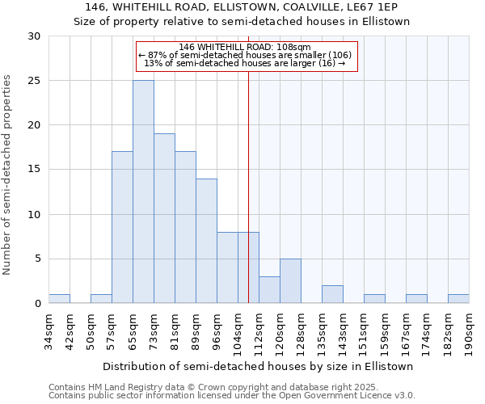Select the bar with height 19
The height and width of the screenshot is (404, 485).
click(x=164, y=218)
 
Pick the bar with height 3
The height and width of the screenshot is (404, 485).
click(x=269, y=290)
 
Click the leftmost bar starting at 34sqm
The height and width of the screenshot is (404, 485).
click(x=59, y=299)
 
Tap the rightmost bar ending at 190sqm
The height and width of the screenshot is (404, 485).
click(x=458, y=299)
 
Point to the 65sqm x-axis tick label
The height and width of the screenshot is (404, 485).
click(x=133, y=330)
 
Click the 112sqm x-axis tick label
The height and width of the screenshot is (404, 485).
click(x=259, y=330)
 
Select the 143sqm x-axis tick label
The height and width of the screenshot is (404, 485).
click(x=343, y=330)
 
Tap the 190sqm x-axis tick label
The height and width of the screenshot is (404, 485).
click(x=469, y=330)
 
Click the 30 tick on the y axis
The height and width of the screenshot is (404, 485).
click(x=34, y=36)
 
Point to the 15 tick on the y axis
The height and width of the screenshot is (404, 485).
click(x=34, y=170)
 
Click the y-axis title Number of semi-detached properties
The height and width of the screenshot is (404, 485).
click(x=7, y=175)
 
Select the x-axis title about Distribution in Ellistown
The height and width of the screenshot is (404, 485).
click(x=259, y=366)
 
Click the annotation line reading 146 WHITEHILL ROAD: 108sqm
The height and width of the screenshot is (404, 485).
click(x=245, y=47)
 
